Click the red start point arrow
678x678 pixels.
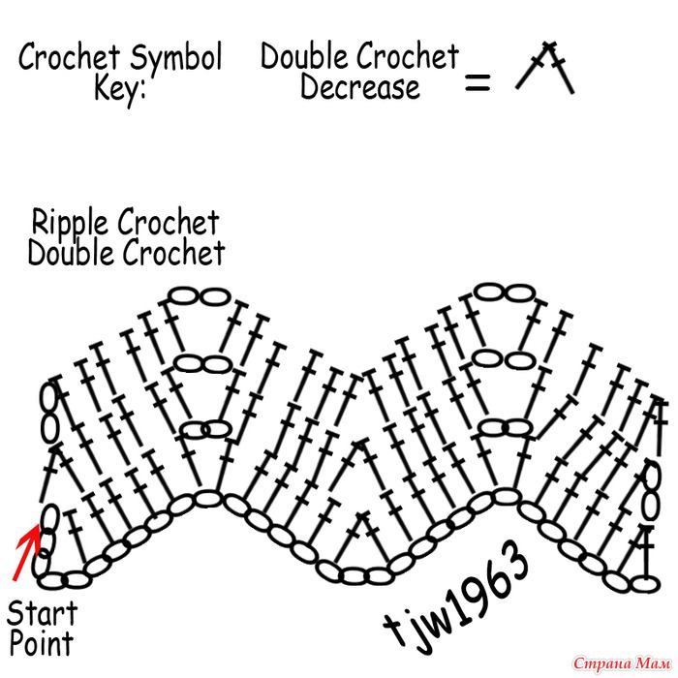click(x=26, y=551)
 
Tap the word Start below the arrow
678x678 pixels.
click(x=43, y=613)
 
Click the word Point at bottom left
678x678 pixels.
click(x=42, y=642)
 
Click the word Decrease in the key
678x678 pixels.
click(x=359, y=88)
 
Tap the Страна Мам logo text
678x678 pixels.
click(x=620, y=663)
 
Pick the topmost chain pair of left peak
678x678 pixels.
click(x=198, y=294)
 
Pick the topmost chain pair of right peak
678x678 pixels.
click(x=506, y=294)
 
